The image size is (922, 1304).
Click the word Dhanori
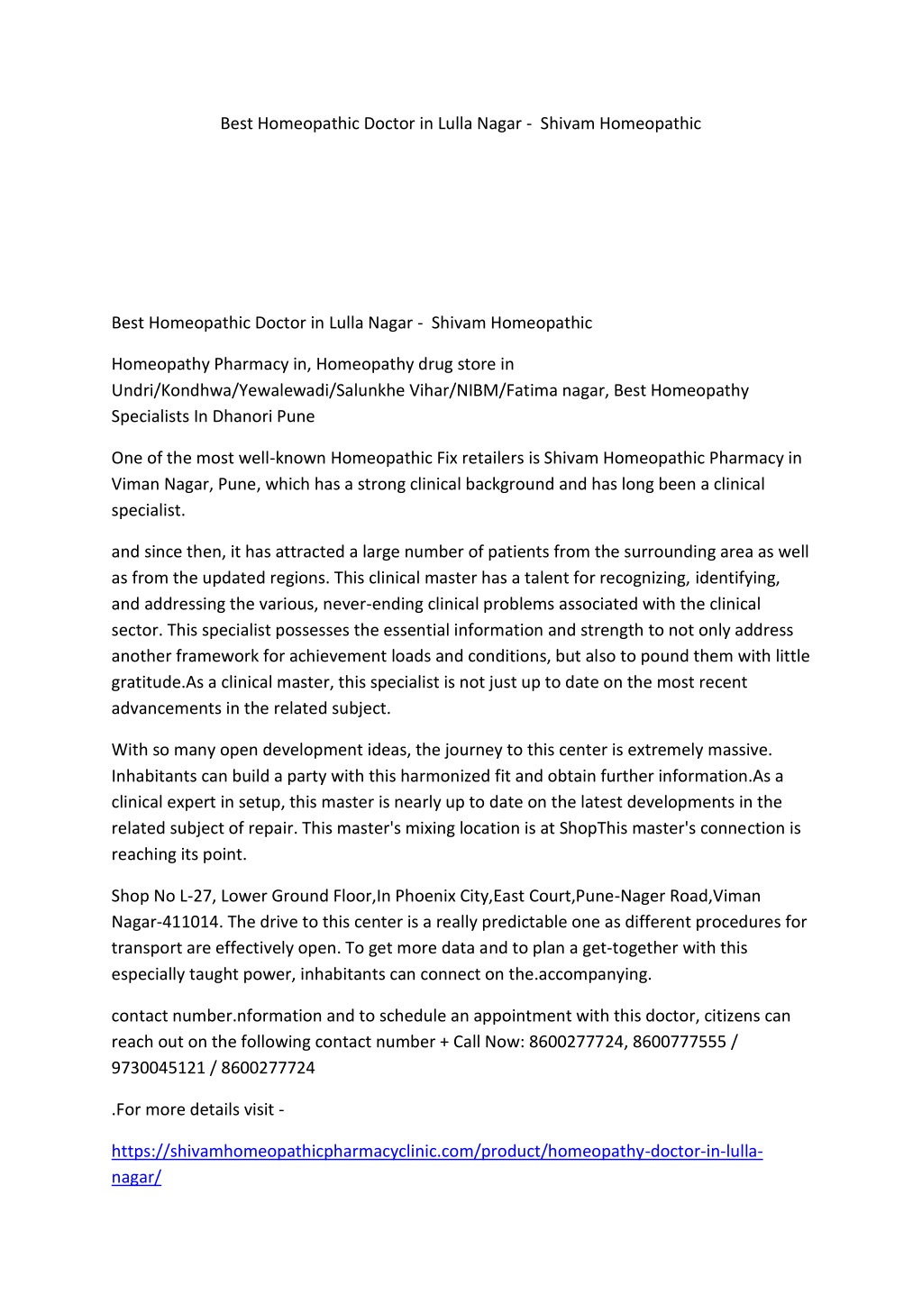pyautogui.click(x=243, y=416)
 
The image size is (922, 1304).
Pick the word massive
pyautogui.click(x=741, y=750)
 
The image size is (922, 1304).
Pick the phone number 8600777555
pyautogui.click(x=680, y=1042)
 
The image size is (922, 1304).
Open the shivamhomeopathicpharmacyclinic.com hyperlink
pyautogui.click(x=437, y=1152)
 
